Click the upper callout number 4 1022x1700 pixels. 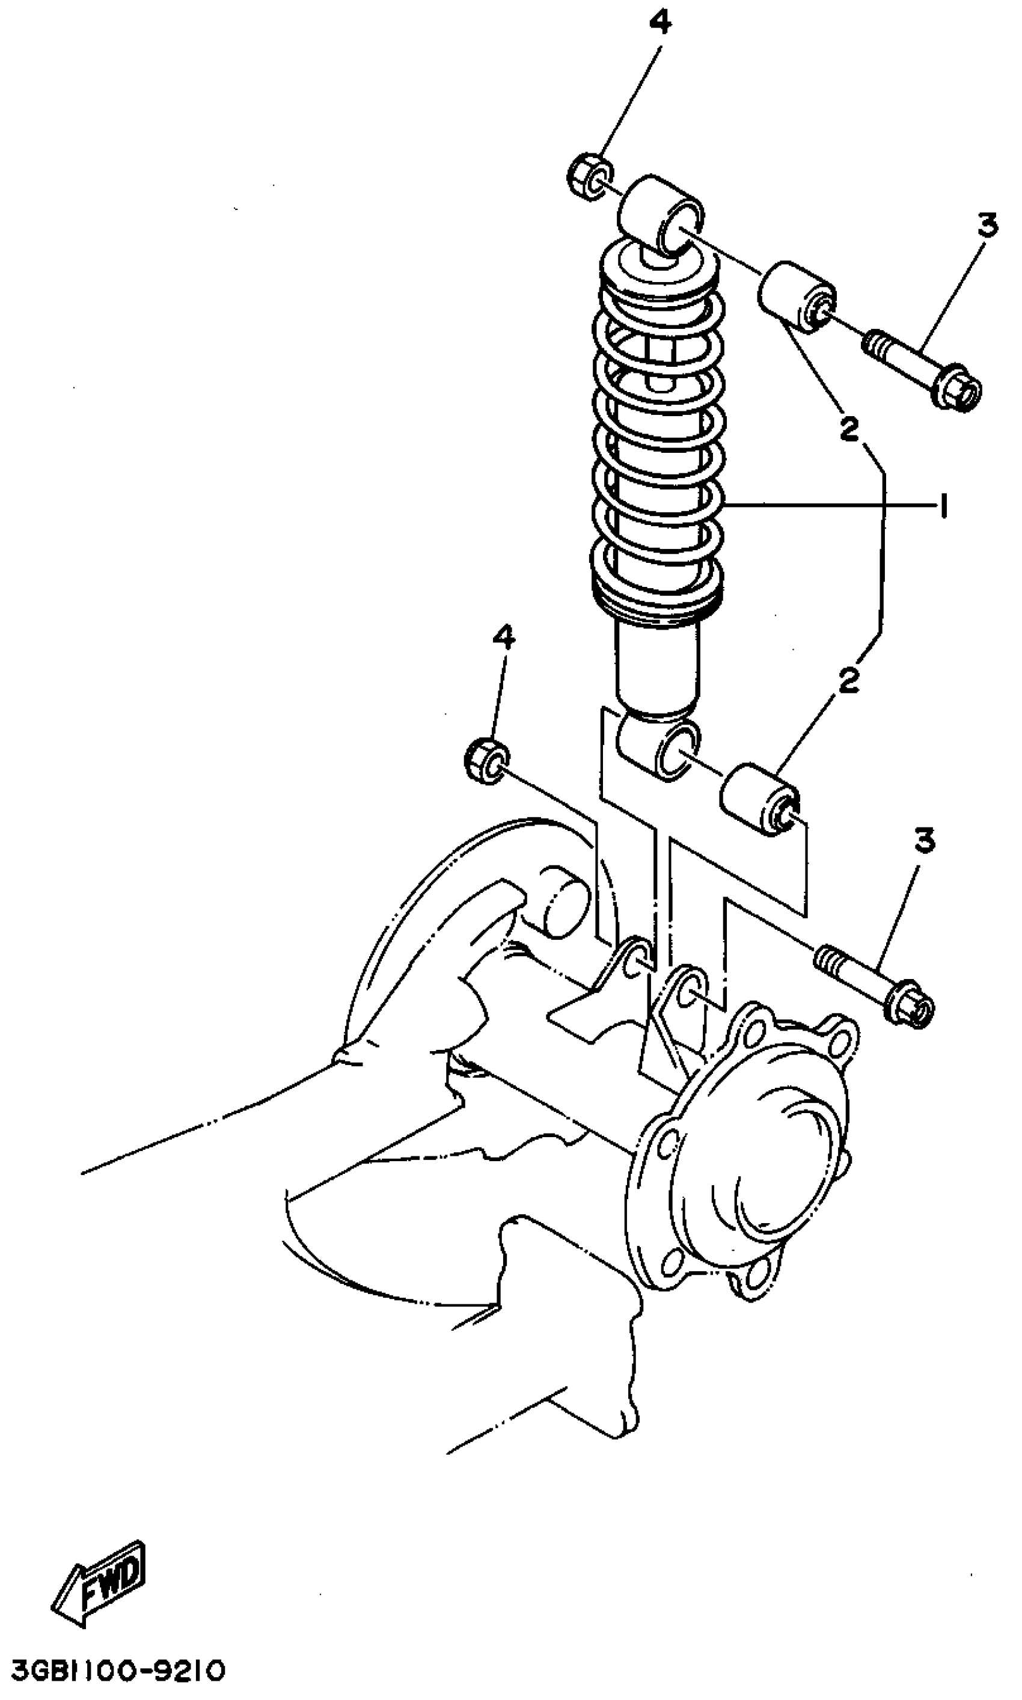pos(659,25)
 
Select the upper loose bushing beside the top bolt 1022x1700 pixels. pos(797,297)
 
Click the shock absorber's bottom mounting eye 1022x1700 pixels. pos(659,748)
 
